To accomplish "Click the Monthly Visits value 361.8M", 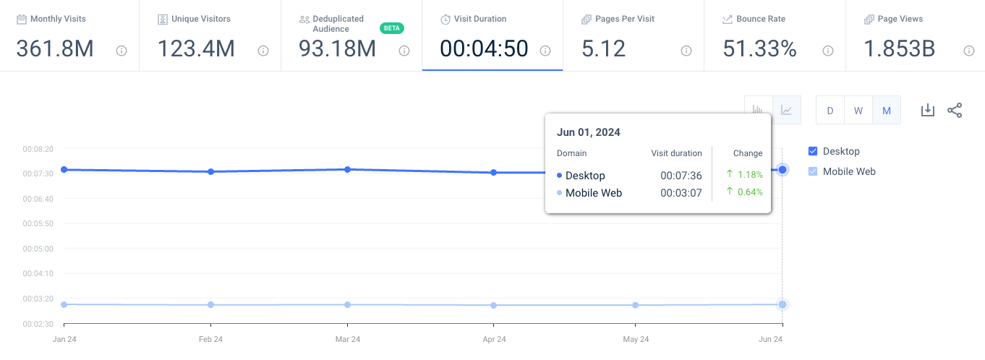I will pos(55,48).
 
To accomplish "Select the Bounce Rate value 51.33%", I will pos(759,48).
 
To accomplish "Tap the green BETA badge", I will pos(391,28).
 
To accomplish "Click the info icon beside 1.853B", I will pos(968,51).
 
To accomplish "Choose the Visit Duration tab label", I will pos(479,19).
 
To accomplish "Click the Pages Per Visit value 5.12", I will pos(603,48).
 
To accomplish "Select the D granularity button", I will pos(830,111).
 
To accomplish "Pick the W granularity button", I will pos(858,111).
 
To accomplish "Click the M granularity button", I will pos(887,111).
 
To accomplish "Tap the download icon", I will pos(927,110).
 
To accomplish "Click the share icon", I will pos(955,110).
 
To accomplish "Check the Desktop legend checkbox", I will pos(812,151).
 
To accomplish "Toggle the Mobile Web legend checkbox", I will pos(812,171).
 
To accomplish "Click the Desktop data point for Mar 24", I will pos(348,169).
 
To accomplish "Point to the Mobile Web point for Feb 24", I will pos(210,304).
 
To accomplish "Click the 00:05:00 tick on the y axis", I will pos(38,249).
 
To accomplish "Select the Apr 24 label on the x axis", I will pos(494,339).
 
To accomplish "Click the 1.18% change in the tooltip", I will pos(750,174).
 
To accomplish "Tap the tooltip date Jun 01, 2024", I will pos(588,132).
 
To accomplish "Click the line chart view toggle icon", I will pos(786,110).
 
